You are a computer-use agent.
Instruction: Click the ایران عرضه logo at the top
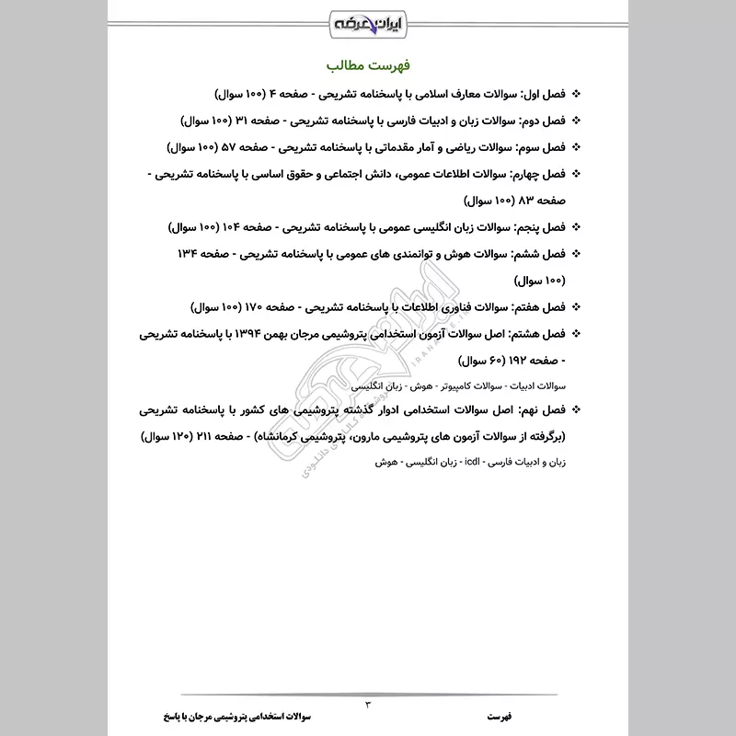368,17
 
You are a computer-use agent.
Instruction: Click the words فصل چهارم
537,174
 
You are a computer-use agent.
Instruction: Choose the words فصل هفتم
540,306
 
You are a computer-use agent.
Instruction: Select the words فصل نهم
542,408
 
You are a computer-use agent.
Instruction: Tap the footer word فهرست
503,716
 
